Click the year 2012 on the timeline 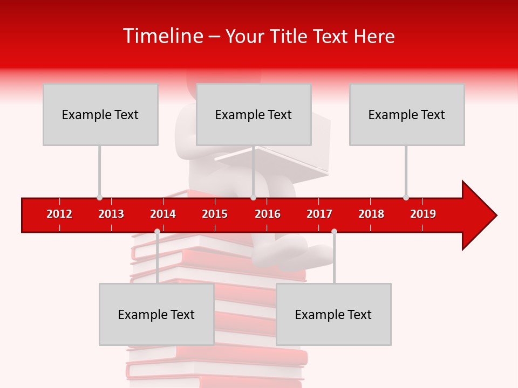[59, 214]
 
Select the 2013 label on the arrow [111, 214]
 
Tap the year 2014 [163, 214]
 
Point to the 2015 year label [215, 214]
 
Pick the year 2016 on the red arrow [268, 214]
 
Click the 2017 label [319, 214]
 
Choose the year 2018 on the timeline [371, 214]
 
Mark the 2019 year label [423, 214]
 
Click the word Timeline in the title [162, 36]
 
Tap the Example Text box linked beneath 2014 [156, 314]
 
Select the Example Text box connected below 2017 [333, 314]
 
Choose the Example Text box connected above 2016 [254, 114]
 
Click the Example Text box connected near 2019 [407, 114]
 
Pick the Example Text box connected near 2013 [100, 114]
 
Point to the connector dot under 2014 [157, 231]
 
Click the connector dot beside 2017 [334, 231]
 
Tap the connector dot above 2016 [253, 198]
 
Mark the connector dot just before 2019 [406, 198]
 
